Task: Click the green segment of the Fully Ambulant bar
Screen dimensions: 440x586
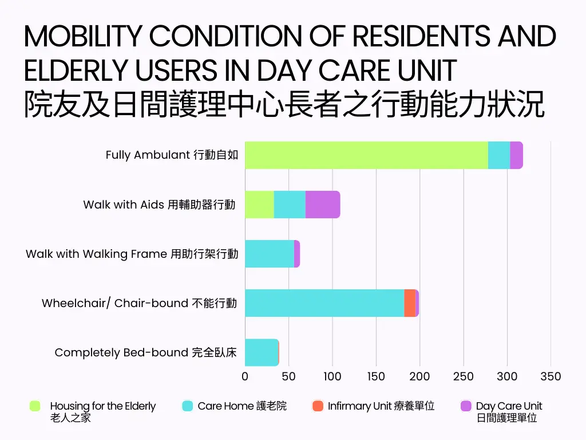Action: tap(366, 155)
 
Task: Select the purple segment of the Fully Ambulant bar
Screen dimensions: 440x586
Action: tap(516, 155)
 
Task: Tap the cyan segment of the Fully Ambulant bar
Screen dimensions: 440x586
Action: tap(499, 155)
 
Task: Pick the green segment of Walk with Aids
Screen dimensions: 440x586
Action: tap(259, 205)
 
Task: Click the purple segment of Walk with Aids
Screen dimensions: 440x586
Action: tap(323, 205)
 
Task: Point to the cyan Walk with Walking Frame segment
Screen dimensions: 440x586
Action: tap(270, 254)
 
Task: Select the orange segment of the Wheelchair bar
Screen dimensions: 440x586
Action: tap(410, 303)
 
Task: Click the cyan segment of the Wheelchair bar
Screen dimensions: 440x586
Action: tap(324, 303)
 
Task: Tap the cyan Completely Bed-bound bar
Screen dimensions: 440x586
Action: tap(262, 352)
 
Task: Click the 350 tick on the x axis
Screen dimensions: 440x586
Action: tap(551, 376)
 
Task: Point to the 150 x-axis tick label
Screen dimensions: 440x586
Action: tap(376, 376)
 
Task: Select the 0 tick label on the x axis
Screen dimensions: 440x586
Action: tap(245, 376)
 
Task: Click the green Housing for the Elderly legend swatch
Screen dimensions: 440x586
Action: tap(35, 406)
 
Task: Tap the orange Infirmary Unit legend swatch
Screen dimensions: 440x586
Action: tap(318, 406)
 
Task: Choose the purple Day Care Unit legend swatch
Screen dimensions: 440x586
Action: tap(466, 406)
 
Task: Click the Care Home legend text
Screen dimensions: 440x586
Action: tap(242, 406)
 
